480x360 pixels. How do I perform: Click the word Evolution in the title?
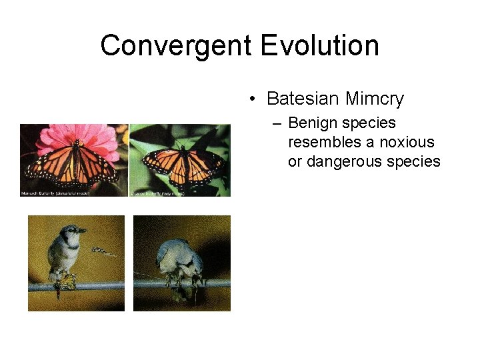pos(320,46)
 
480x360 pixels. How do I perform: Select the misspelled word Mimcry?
pos(374,99)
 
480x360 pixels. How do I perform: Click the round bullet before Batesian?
pos(253,100)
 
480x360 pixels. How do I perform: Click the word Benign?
pos(313,123)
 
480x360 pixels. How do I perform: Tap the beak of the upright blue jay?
pos(82,231)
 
